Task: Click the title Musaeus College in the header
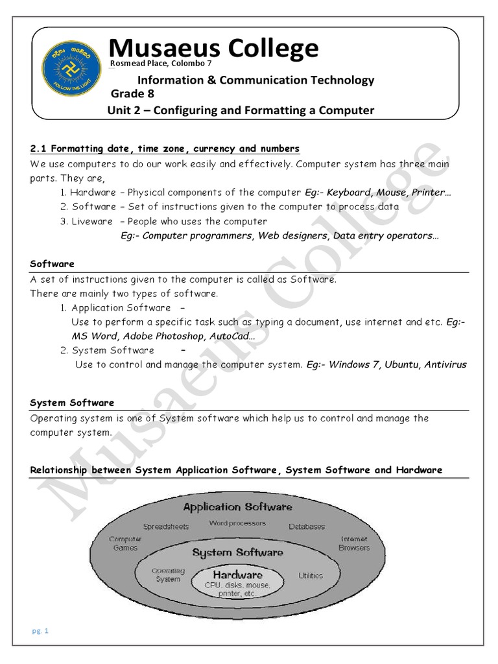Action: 213,48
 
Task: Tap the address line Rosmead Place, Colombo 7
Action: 161,64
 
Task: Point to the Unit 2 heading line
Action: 241,110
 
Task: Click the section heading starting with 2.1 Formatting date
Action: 165,149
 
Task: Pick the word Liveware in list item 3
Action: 93,221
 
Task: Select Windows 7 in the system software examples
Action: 353,364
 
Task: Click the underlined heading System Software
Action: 72,403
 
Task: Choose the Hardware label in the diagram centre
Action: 238,575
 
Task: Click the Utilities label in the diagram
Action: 310,575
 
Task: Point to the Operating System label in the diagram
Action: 168,575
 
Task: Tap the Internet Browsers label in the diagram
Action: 354,543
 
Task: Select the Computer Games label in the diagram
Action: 125,543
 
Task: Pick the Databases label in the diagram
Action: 307,527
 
